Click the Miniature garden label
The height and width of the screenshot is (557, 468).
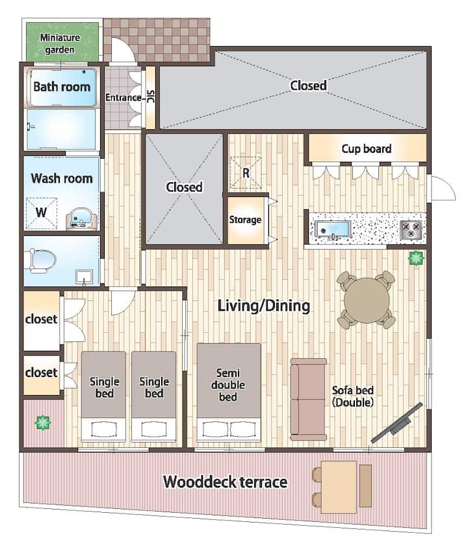click(60, 44)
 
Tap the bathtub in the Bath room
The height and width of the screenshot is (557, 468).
click(62, 87)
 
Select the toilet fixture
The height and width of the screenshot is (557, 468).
click(41, 261)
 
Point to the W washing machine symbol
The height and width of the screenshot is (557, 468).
click(41, 213)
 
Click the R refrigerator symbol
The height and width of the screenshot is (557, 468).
click(245, 173)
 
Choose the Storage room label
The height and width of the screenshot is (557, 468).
click(245, 220)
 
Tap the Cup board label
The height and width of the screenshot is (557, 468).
click(367, 148)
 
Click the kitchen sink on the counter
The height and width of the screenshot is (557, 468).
click(333, 229)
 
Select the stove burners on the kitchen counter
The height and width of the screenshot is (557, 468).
click(411, 229)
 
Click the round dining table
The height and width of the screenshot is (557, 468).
click(367, 300)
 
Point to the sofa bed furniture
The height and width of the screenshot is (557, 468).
click(309, 399)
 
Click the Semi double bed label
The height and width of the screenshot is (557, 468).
click(227, 385)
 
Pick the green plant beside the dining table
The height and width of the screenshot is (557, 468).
click(416, 258)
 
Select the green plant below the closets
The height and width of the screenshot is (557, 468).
click(43, 422)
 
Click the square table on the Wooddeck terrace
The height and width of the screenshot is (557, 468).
click(339, 487)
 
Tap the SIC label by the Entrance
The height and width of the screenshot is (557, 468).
click(151, 97)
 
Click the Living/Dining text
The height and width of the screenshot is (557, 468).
click(263, 306)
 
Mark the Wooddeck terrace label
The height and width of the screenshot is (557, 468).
click(226, 482)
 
